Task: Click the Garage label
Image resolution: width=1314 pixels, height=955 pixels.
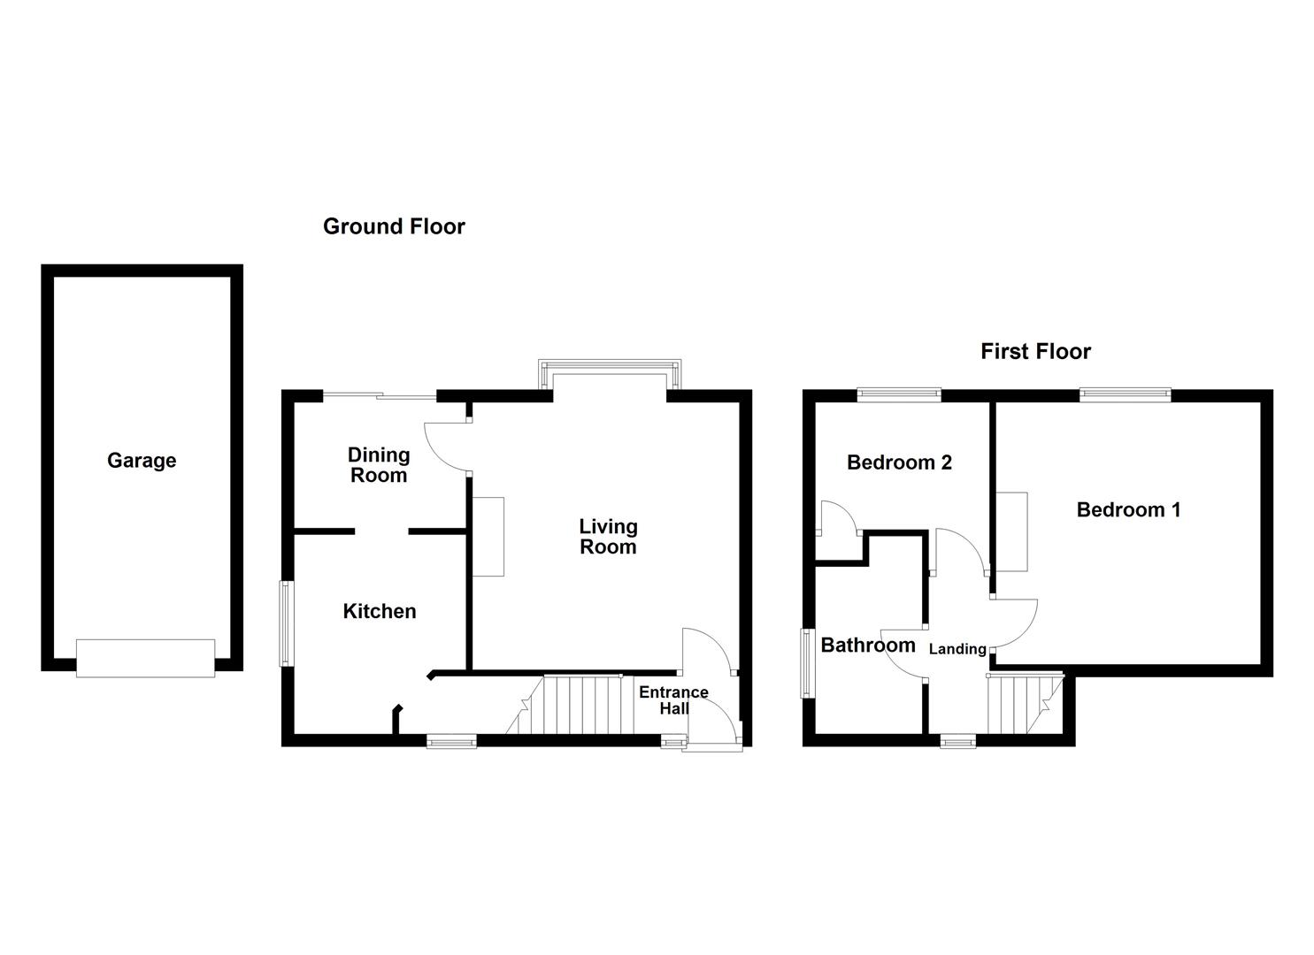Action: click(x=142, y=461)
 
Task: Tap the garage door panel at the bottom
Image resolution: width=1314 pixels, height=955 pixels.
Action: click(x=145, y=659)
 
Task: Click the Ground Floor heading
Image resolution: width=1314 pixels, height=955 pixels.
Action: click(x=394, y=226)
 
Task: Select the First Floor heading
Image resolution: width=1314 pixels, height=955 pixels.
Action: click(x=1035, y=352)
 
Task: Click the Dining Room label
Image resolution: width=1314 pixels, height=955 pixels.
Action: click(x=379, y=465)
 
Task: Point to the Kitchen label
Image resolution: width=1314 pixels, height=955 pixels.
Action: click(x=380, y=611)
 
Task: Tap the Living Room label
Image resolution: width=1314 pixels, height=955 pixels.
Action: click(x=608, y=537)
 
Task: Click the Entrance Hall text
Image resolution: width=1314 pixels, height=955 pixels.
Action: click(x=673, y=700)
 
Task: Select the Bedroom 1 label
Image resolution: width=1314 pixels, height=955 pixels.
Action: click(x=1128, y=510)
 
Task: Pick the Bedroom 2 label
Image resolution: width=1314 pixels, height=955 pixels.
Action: click(x=899, y=462)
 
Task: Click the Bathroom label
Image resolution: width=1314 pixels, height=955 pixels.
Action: click(x=868, y=646)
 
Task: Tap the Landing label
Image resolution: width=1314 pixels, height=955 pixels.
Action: click(x=957, y=649)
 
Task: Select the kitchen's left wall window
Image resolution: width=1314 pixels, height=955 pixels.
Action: click(x=287, y=623)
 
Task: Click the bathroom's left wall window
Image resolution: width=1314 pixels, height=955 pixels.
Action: click(x=807, y=663)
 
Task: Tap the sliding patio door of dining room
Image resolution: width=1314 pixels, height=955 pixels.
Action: click(x=380, y=395)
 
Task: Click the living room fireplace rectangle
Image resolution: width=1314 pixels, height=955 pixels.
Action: click(x=488, y=537)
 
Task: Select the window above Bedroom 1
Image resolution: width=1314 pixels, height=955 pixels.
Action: click(x=1125, y=394)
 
